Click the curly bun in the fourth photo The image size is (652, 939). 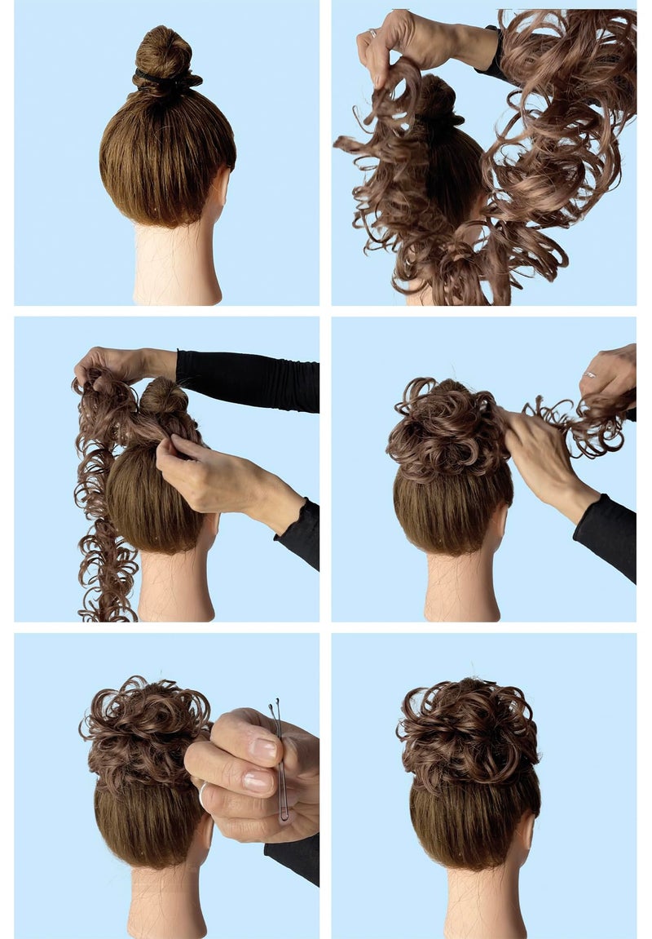(444, 428)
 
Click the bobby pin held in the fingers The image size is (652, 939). (280, 759)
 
